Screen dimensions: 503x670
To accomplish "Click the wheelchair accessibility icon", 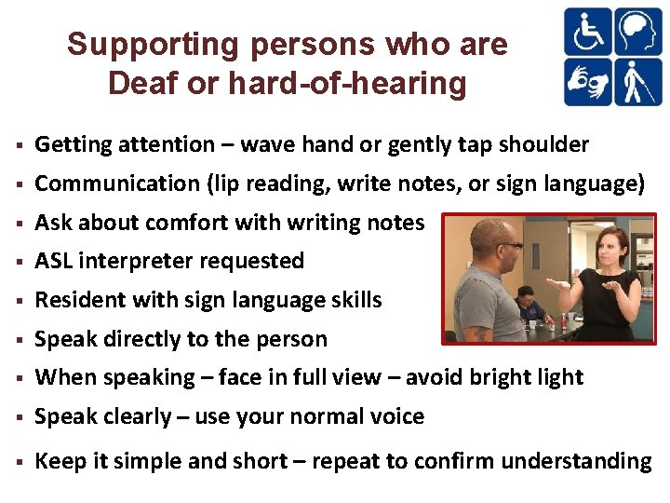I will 588,33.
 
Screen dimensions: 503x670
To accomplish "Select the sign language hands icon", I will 588,81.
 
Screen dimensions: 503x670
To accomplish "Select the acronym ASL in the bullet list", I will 54,261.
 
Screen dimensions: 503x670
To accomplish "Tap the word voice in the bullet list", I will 397,416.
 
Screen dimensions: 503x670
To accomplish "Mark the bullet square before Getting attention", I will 19,145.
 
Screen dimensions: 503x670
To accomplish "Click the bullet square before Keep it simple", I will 19,461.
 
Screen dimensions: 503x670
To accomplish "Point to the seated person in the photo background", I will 526,303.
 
